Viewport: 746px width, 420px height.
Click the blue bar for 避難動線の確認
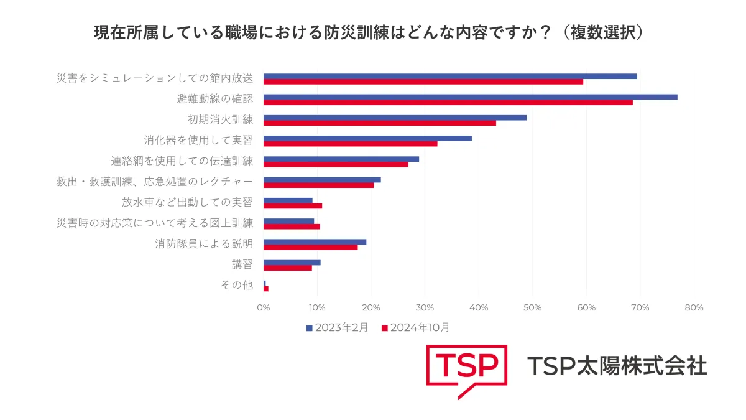pos(470,96)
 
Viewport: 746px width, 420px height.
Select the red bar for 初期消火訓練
pos(379,123)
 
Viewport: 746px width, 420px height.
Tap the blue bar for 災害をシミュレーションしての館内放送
pos(450,76)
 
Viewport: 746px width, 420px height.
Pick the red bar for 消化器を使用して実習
pos(350,144)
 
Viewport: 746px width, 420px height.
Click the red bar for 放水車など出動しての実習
pos(292,206)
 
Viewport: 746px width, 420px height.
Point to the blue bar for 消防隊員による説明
pos(315,241)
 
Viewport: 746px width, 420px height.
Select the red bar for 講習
pos(287,268)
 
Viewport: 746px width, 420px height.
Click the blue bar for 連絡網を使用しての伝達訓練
pos(341,159)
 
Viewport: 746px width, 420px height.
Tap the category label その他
pos(237,285)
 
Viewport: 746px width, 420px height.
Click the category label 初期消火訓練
pos(221,119)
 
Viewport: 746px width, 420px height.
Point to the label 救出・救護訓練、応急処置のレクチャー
pos(155,182)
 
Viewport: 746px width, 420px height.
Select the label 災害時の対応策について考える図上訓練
pos(155,223)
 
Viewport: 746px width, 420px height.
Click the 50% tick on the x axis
pos(533,307)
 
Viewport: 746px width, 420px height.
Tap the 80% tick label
pos(694,307)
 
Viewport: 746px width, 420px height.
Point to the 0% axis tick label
pos(264,307)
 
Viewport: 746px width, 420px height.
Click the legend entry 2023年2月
pos(338,327)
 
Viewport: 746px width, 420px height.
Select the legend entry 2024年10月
pos(415,327)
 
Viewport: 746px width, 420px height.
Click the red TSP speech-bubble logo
pos(466,369)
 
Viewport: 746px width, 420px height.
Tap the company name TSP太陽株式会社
pos(617,366)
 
